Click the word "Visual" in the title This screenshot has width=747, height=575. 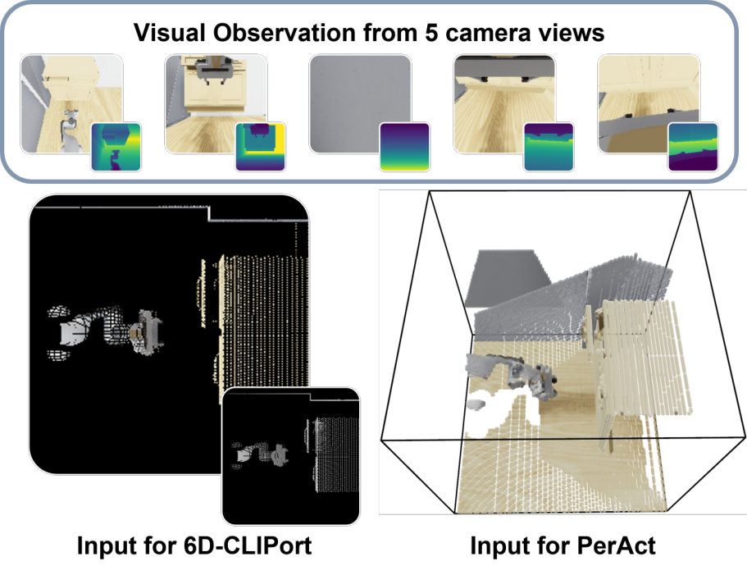coord(170,34)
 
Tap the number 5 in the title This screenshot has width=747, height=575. coord(431,34)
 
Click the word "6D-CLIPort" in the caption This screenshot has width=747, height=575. coord(248,545)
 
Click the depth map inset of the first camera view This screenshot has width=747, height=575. coord(116,147)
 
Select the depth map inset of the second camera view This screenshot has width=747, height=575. coord(261,147)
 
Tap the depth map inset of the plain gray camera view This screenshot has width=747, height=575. coord(405,147)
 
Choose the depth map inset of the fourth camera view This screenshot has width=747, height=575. coord(549,147)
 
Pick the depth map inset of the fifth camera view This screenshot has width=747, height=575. coord(693,147)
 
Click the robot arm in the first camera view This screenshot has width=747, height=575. coord(70,131)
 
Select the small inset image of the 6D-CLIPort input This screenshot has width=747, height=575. coord(291,456)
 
